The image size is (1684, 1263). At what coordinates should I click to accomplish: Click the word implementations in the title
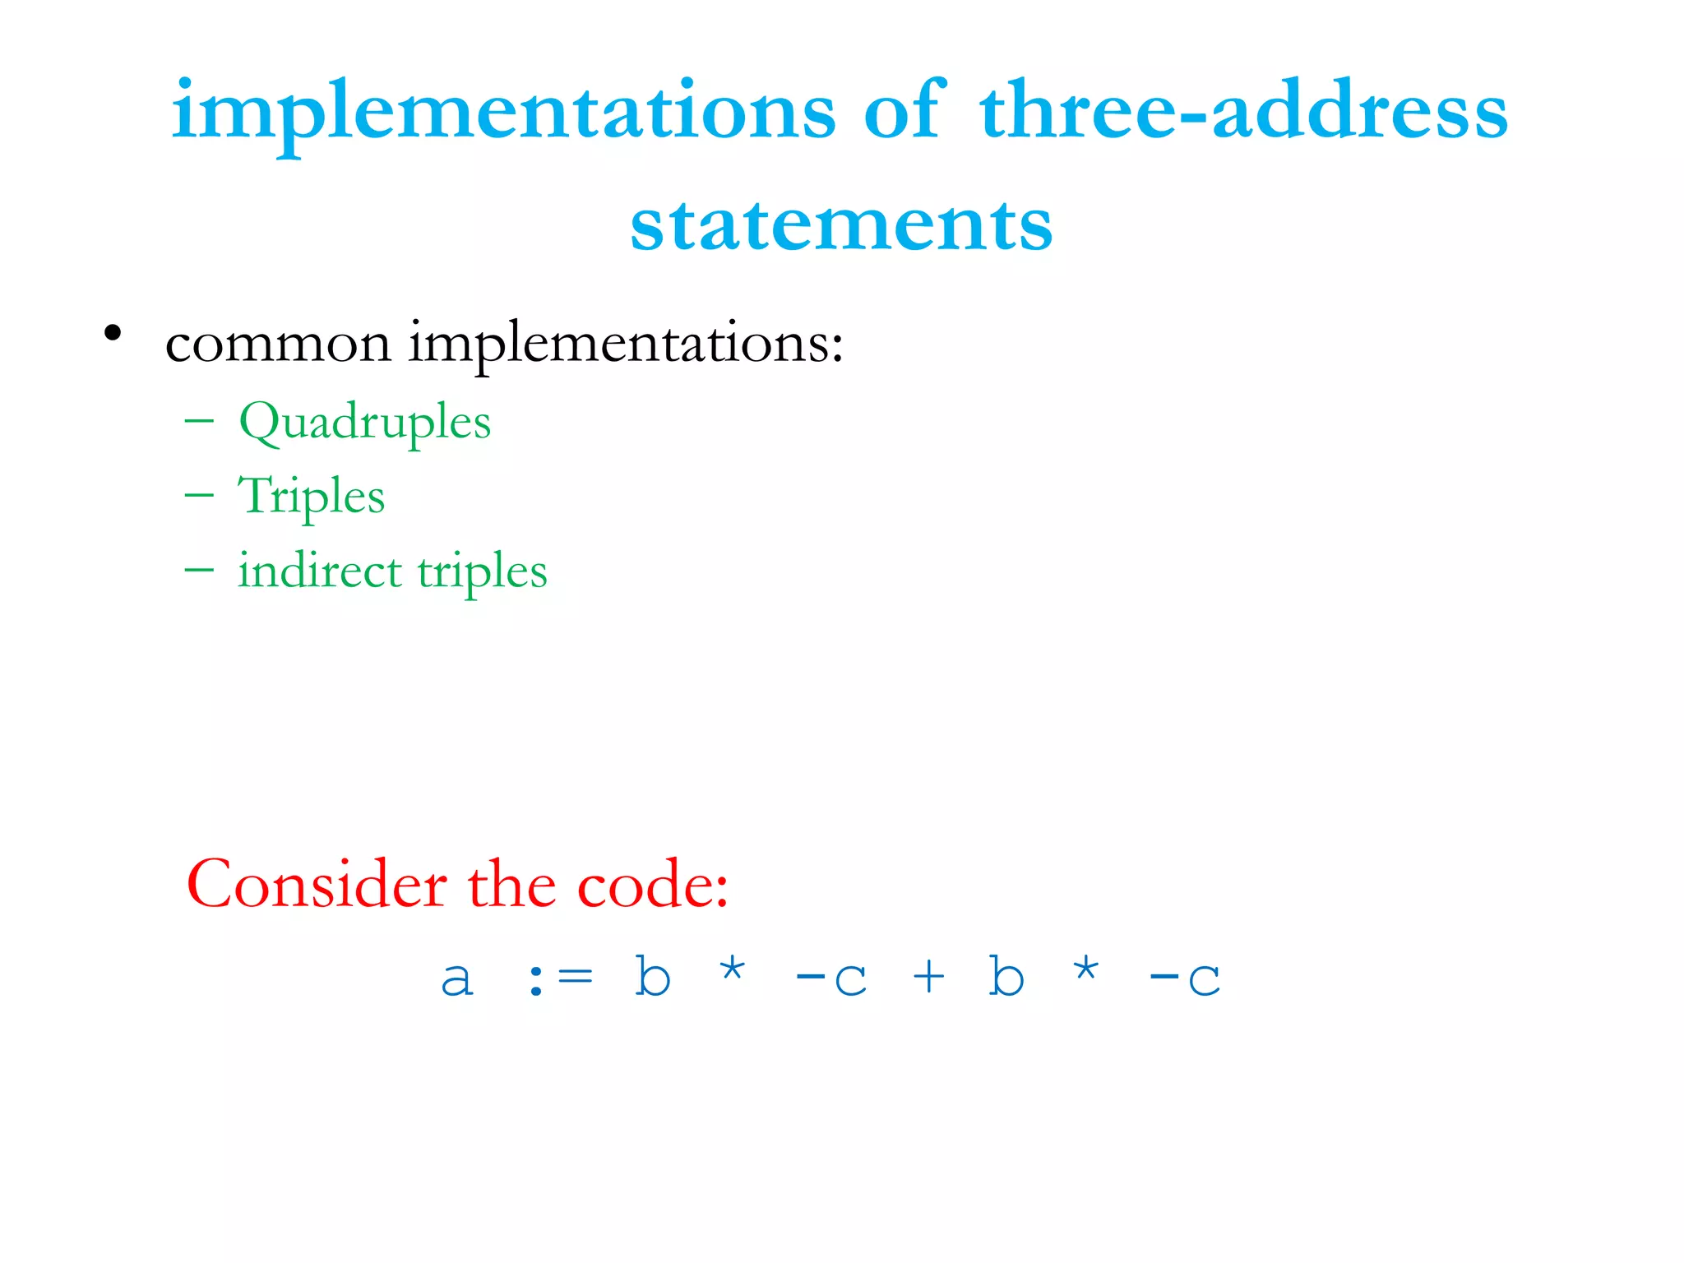[503, 113]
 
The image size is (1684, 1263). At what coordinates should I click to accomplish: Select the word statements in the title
[841, 224]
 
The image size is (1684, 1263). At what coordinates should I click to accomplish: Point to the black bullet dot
[113, 334]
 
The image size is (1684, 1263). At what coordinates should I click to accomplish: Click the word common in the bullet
[278, 344]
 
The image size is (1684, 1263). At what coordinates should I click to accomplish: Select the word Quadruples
[364, 423]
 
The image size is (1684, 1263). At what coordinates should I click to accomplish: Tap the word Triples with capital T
[311, 497]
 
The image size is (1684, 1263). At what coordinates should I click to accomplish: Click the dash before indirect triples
[199, 569]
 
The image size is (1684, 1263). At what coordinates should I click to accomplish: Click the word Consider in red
[317, 885]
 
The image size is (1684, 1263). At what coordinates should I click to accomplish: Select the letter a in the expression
[457, 978]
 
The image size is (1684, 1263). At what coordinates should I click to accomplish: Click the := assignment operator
[560, 978]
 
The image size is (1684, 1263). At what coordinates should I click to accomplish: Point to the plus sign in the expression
[928, 977]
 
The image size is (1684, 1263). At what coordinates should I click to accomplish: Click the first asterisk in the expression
[732, 970]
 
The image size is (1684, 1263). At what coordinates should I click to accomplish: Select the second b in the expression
[1006, 976]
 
